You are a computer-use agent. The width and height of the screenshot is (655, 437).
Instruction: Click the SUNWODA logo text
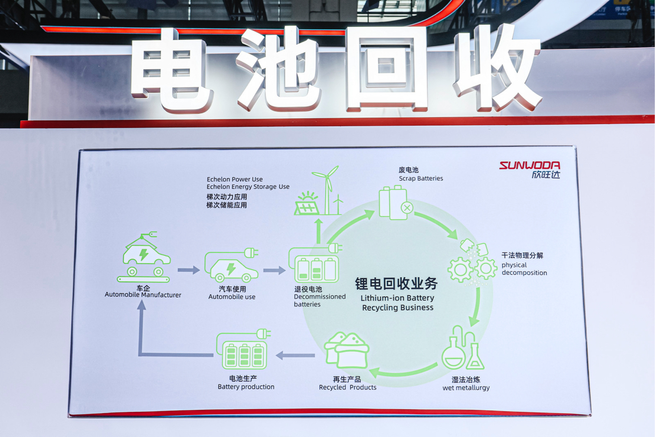pyautogui.click(x=530, y=165)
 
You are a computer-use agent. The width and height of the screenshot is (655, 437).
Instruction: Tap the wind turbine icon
pyautogui.click(x=327, y=190)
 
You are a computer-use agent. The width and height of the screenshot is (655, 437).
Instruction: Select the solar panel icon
pyautogui.click(x=306, y=204)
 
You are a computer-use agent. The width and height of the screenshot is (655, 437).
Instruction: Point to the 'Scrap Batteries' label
pyautogui.click(x=421, y=179)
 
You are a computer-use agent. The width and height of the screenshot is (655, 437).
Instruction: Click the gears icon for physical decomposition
pyautogui.click(x=472, y=263)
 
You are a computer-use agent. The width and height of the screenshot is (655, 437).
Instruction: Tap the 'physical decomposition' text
pyautogui.click(x=524, y=269)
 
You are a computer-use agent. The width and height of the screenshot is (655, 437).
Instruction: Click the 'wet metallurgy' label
pyautogui.click(x=466, y=387)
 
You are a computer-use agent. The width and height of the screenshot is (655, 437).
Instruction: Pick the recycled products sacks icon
pyautogui.click(x=346, y=351)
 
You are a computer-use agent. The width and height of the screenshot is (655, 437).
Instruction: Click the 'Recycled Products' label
pyautogui.click(x=347, y=387)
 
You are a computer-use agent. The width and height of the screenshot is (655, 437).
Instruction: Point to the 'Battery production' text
pyautogui.click(x=246, y=387)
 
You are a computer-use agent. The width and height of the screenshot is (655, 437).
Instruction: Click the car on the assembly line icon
pyautogui.click(x=144, y=258)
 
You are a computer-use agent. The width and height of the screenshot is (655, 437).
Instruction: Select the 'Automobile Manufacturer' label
pyautogui.click(x=143, y=295)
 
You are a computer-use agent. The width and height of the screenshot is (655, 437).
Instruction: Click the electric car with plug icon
pyautogui.click(x=231, y=265)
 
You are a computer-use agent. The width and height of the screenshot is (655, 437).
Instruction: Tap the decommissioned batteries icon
pyautogui.click(x=316, y=263)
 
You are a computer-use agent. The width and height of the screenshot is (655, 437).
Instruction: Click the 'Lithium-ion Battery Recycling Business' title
pyautogui.click(x=397, y=303)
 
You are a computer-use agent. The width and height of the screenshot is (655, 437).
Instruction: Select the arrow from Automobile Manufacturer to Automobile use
pyautogui.click(x=189, y=270)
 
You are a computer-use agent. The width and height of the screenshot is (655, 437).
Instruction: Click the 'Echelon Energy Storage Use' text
pyautogui.click(x=248, y=187)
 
